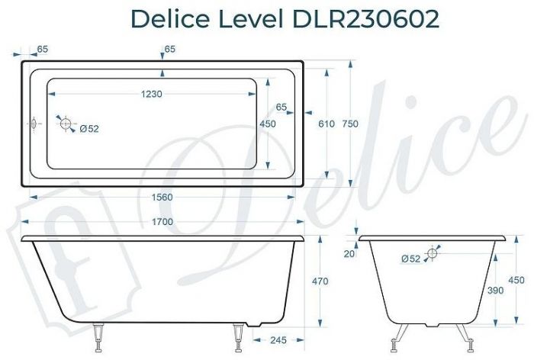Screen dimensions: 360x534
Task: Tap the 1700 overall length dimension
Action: [162, 222]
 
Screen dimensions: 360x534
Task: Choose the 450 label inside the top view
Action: [268, 124]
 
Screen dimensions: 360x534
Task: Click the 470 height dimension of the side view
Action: [320, 281]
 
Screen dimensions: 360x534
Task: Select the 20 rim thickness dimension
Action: [349, 254]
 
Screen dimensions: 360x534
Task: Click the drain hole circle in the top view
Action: [66, 124]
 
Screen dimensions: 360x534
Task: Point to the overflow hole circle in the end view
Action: [433, 253]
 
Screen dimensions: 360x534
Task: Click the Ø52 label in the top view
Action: [89, 129]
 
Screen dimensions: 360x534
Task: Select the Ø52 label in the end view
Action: [410, 259]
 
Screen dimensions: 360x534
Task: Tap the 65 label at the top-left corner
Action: [42, 49]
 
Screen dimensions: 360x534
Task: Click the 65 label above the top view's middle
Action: [169, 49]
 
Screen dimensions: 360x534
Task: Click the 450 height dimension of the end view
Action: [516, 280]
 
